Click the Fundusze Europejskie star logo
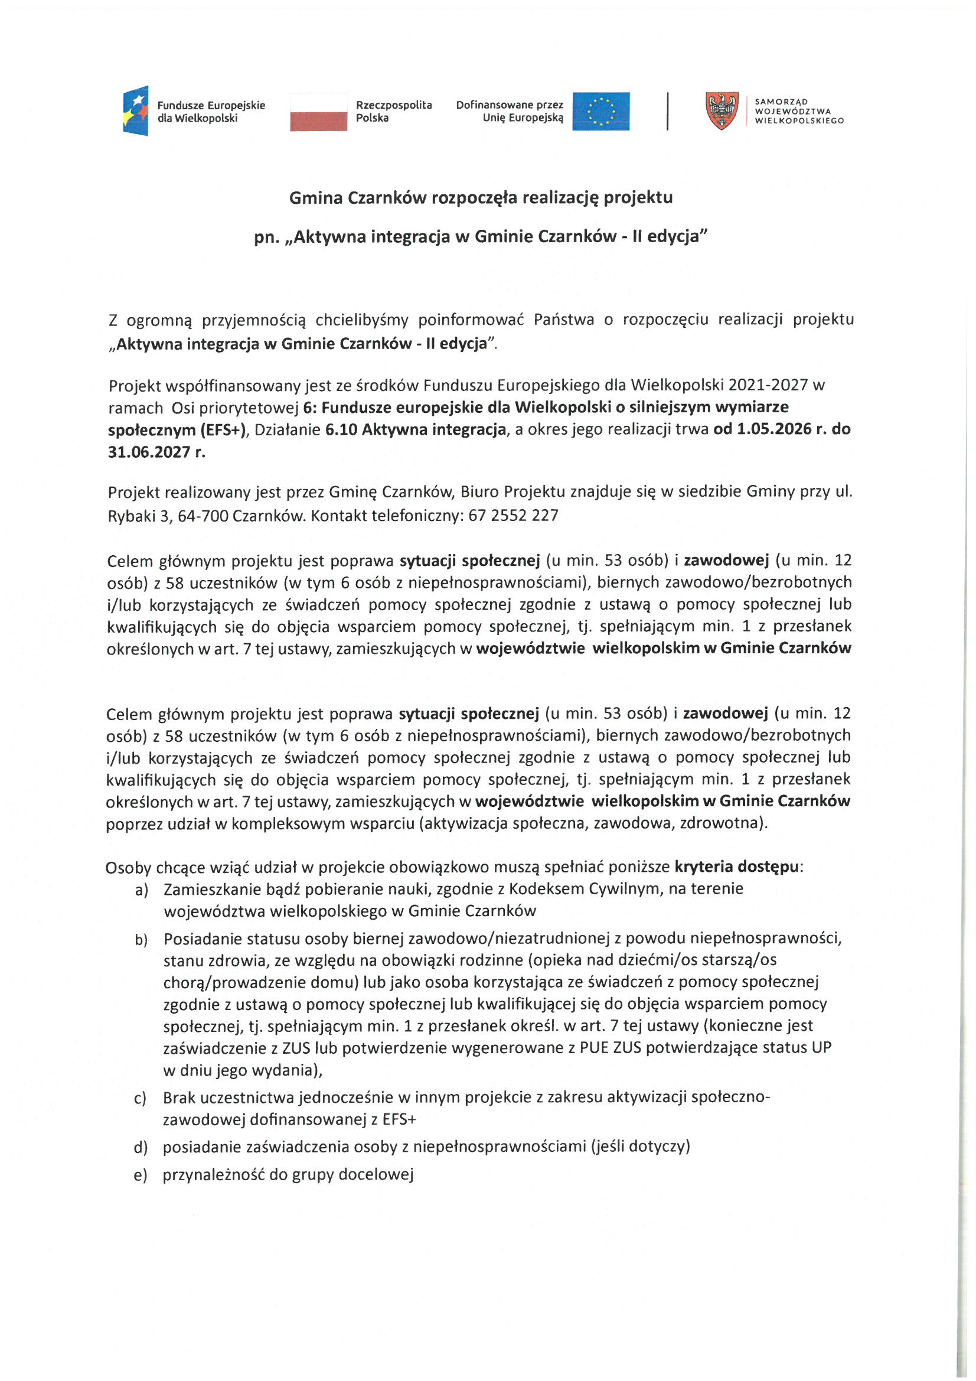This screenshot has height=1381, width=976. (136, 110)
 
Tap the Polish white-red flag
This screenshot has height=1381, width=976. (318, 112)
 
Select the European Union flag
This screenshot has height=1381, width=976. (600, 111)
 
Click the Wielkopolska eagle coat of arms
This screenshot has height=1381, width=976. (721, 110)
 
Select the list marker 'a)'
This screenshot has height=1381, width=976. (141, 890)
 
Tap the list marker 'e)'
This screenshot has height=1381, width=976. (140, 1175)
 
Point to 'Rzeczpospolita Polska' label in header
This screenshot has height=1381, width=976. (393, 111)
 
